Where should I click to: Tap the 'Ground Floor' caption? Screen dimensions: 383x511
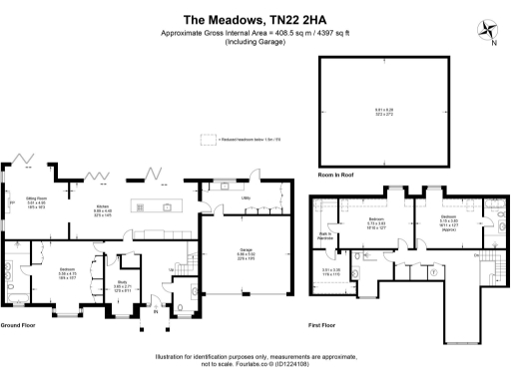click(x=20, y=326)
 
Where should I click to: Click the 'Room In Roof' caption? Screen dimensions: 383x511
click(x=336, y=175)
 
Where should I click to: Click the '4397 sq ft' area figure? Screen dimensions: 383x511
click(x=324, y=33)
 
